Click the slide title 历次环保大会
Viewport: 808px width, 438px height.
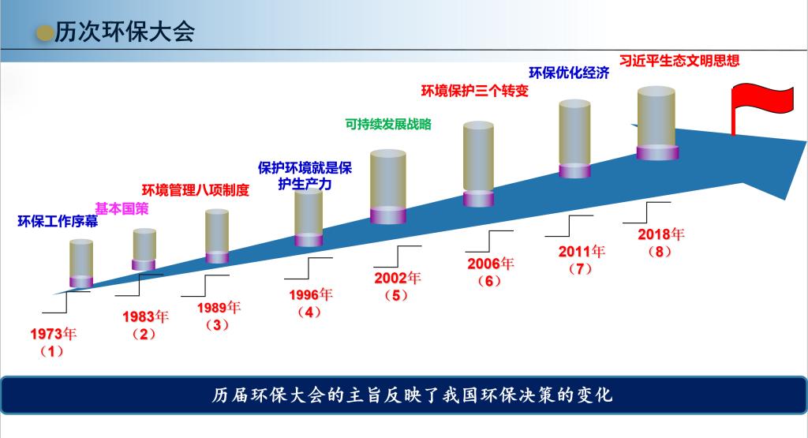pyautogui.click(x=125, y=32)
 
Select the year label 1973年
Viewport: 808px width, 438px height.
pyautogui.click(x=53, y=334)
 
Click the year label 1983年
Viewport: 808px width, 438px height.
pyautogui.click(x=145, y=316)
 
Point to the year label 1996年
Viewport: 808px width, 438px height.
pyautogui.click(x=311, y=294)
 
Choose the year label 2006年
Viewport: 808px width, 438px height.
pyautogui.click(x=491, y=264)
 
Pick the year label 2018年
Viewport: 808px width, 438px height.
pyautogui.click(x=661, y=234)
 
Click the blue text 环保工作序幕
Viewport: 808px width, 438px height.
pyautogui.click(x=58, y=222)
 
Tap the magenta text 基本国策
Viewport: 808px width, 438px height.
pyautogui.click(x=122, y=208)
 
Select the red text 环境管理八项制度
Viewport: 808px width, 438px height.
pyautogui.click(x=196, y=190)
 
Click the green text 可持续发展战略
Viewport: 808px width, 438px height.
pyautogui.click(x=388, y=124)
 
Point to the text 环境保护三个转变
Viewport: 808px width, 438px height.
pyautogui.click(x=475, y=92)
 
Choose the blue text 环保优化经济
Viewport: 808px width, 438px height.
pyautogui.click(x=569, y=73)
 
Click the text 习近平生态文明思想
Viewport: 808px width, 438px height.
pyautogui.click(x=679, y=61)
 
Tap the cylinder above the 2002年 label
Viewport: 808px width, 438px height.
pyautogui.click(x=388, y=186)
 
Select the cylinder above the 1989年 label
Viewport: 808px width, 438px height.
pyautogui.click(x=217, y=236)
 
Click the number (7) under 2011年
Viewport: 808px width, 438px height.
pyautogui.click(x=580, y=269)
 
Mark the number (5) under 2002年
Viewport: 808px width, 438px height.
pyautogui.click(x=396, y=296)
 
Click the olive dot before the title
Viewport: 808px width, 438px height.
pyautogui.click(x=45, y=33)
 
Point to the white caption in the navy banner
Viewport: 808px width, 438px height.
pyautogui.click(x=412, y=395)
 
